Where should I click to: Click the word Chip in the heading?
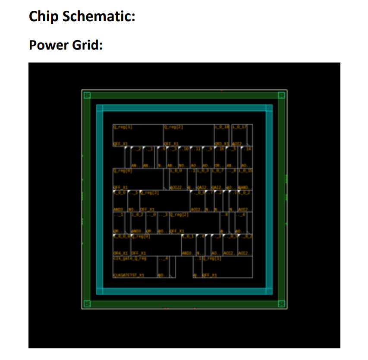[43, 16]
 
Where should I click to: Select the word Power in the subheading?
[47, 44]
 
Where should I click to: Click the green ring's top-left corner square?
[86, 94]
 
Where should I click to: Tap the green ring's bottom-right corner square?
[282, 304]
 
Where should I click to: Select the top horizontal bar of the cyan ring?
[184, 108]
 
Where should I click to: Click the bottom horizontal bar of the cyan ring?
[184, 291]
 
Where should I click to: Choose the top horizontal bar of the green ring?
[184, 95]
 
